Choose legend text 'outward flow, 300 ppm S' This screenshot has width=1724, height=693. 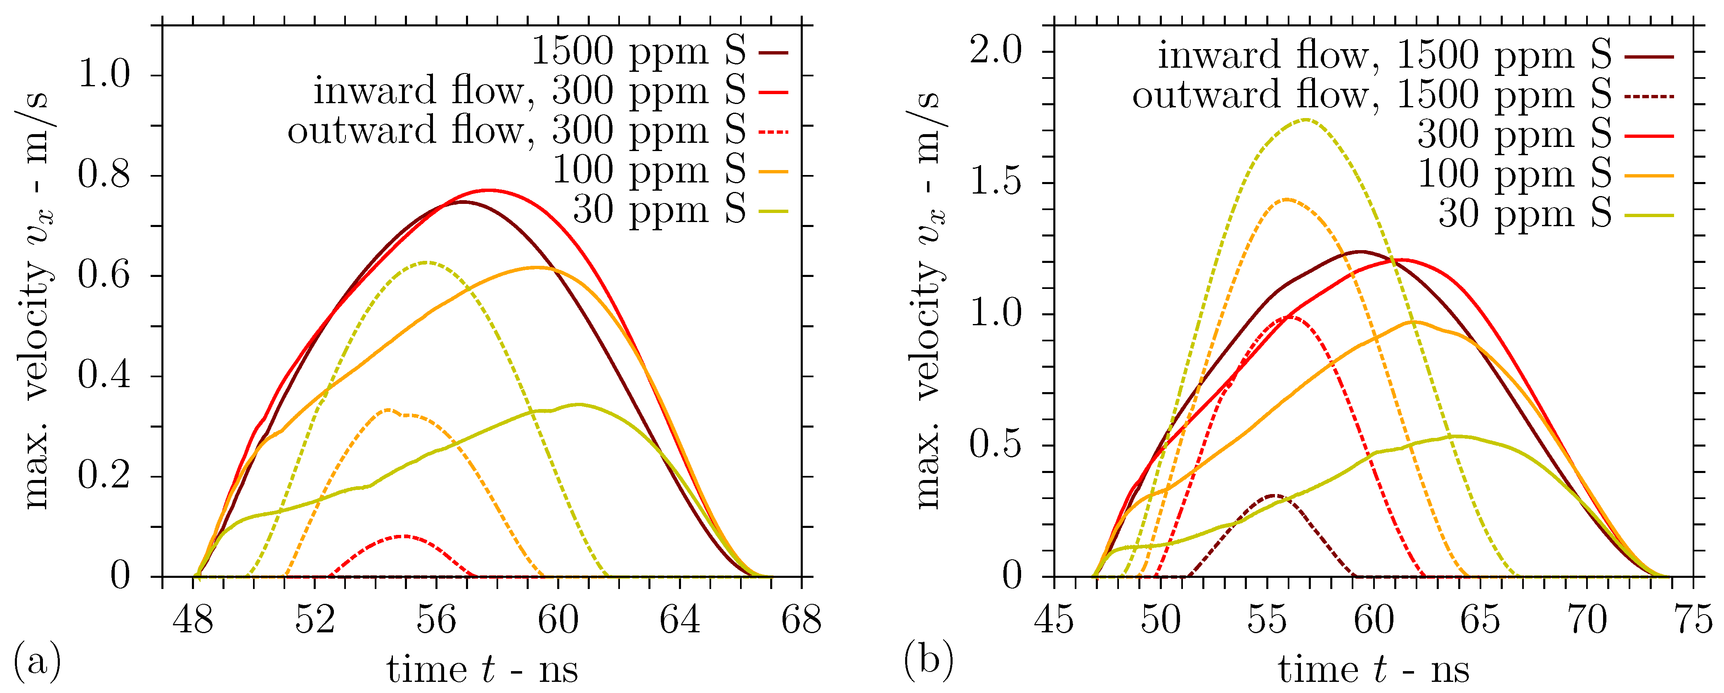click(x=516, y=130)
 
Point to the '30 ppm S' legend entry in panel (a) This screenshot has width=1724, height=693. click(x=659, y=210)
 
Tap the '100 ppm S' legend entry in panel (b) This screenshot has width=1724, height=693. click(x=1514, y=174)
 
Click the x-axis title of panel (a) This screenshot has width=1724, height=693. click(x=482, y=669)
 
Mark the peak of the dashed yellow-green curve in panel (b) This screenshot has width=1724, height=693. click(x=1306, y=120)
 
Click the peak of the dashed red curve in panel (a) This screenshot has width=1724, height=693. click(x=403, y=536)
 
